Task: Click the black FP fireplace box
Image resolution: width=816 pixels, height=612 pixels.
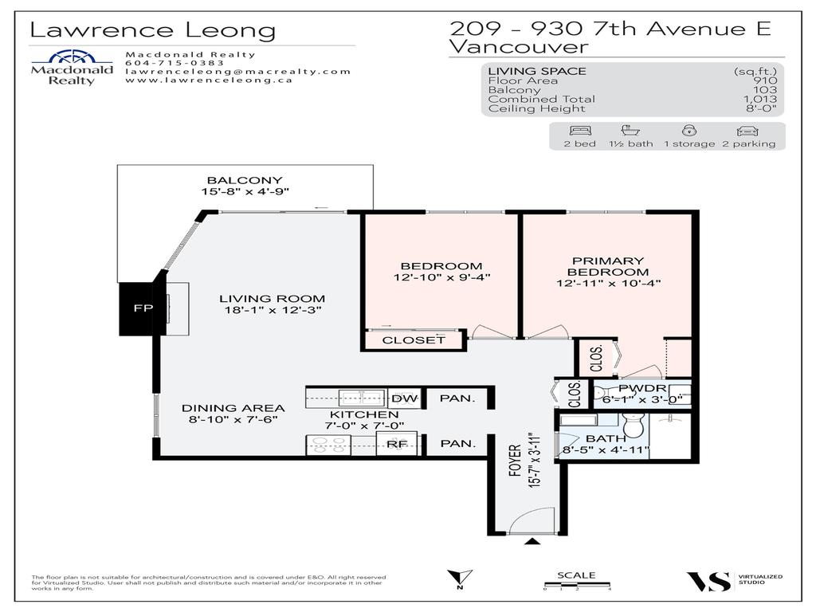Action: pyautogui.click(x=137, y=308)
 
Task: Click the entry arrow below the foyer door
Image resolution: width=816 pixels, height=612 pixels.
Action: pyautogui.click(x=532, y=543)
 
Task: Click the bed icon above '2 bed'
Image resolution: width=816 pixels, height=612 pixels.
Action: pyautogui.click(x=579, y=131)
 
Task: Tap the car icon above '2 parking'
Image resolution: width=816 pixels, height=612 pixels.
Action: pyautogui.click(x=747, y=131)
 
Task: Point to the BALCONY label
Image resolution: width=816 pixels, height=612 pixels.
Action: pyautogui.click(x=245, y=180)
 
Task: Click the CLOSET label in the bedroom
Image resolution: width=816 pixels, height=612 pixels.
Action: pyautogui.click(x=414, y=340)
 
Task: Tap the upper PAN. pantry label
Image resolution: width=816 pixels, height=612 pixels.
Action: pyautogui.click(x=458, y=398)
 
